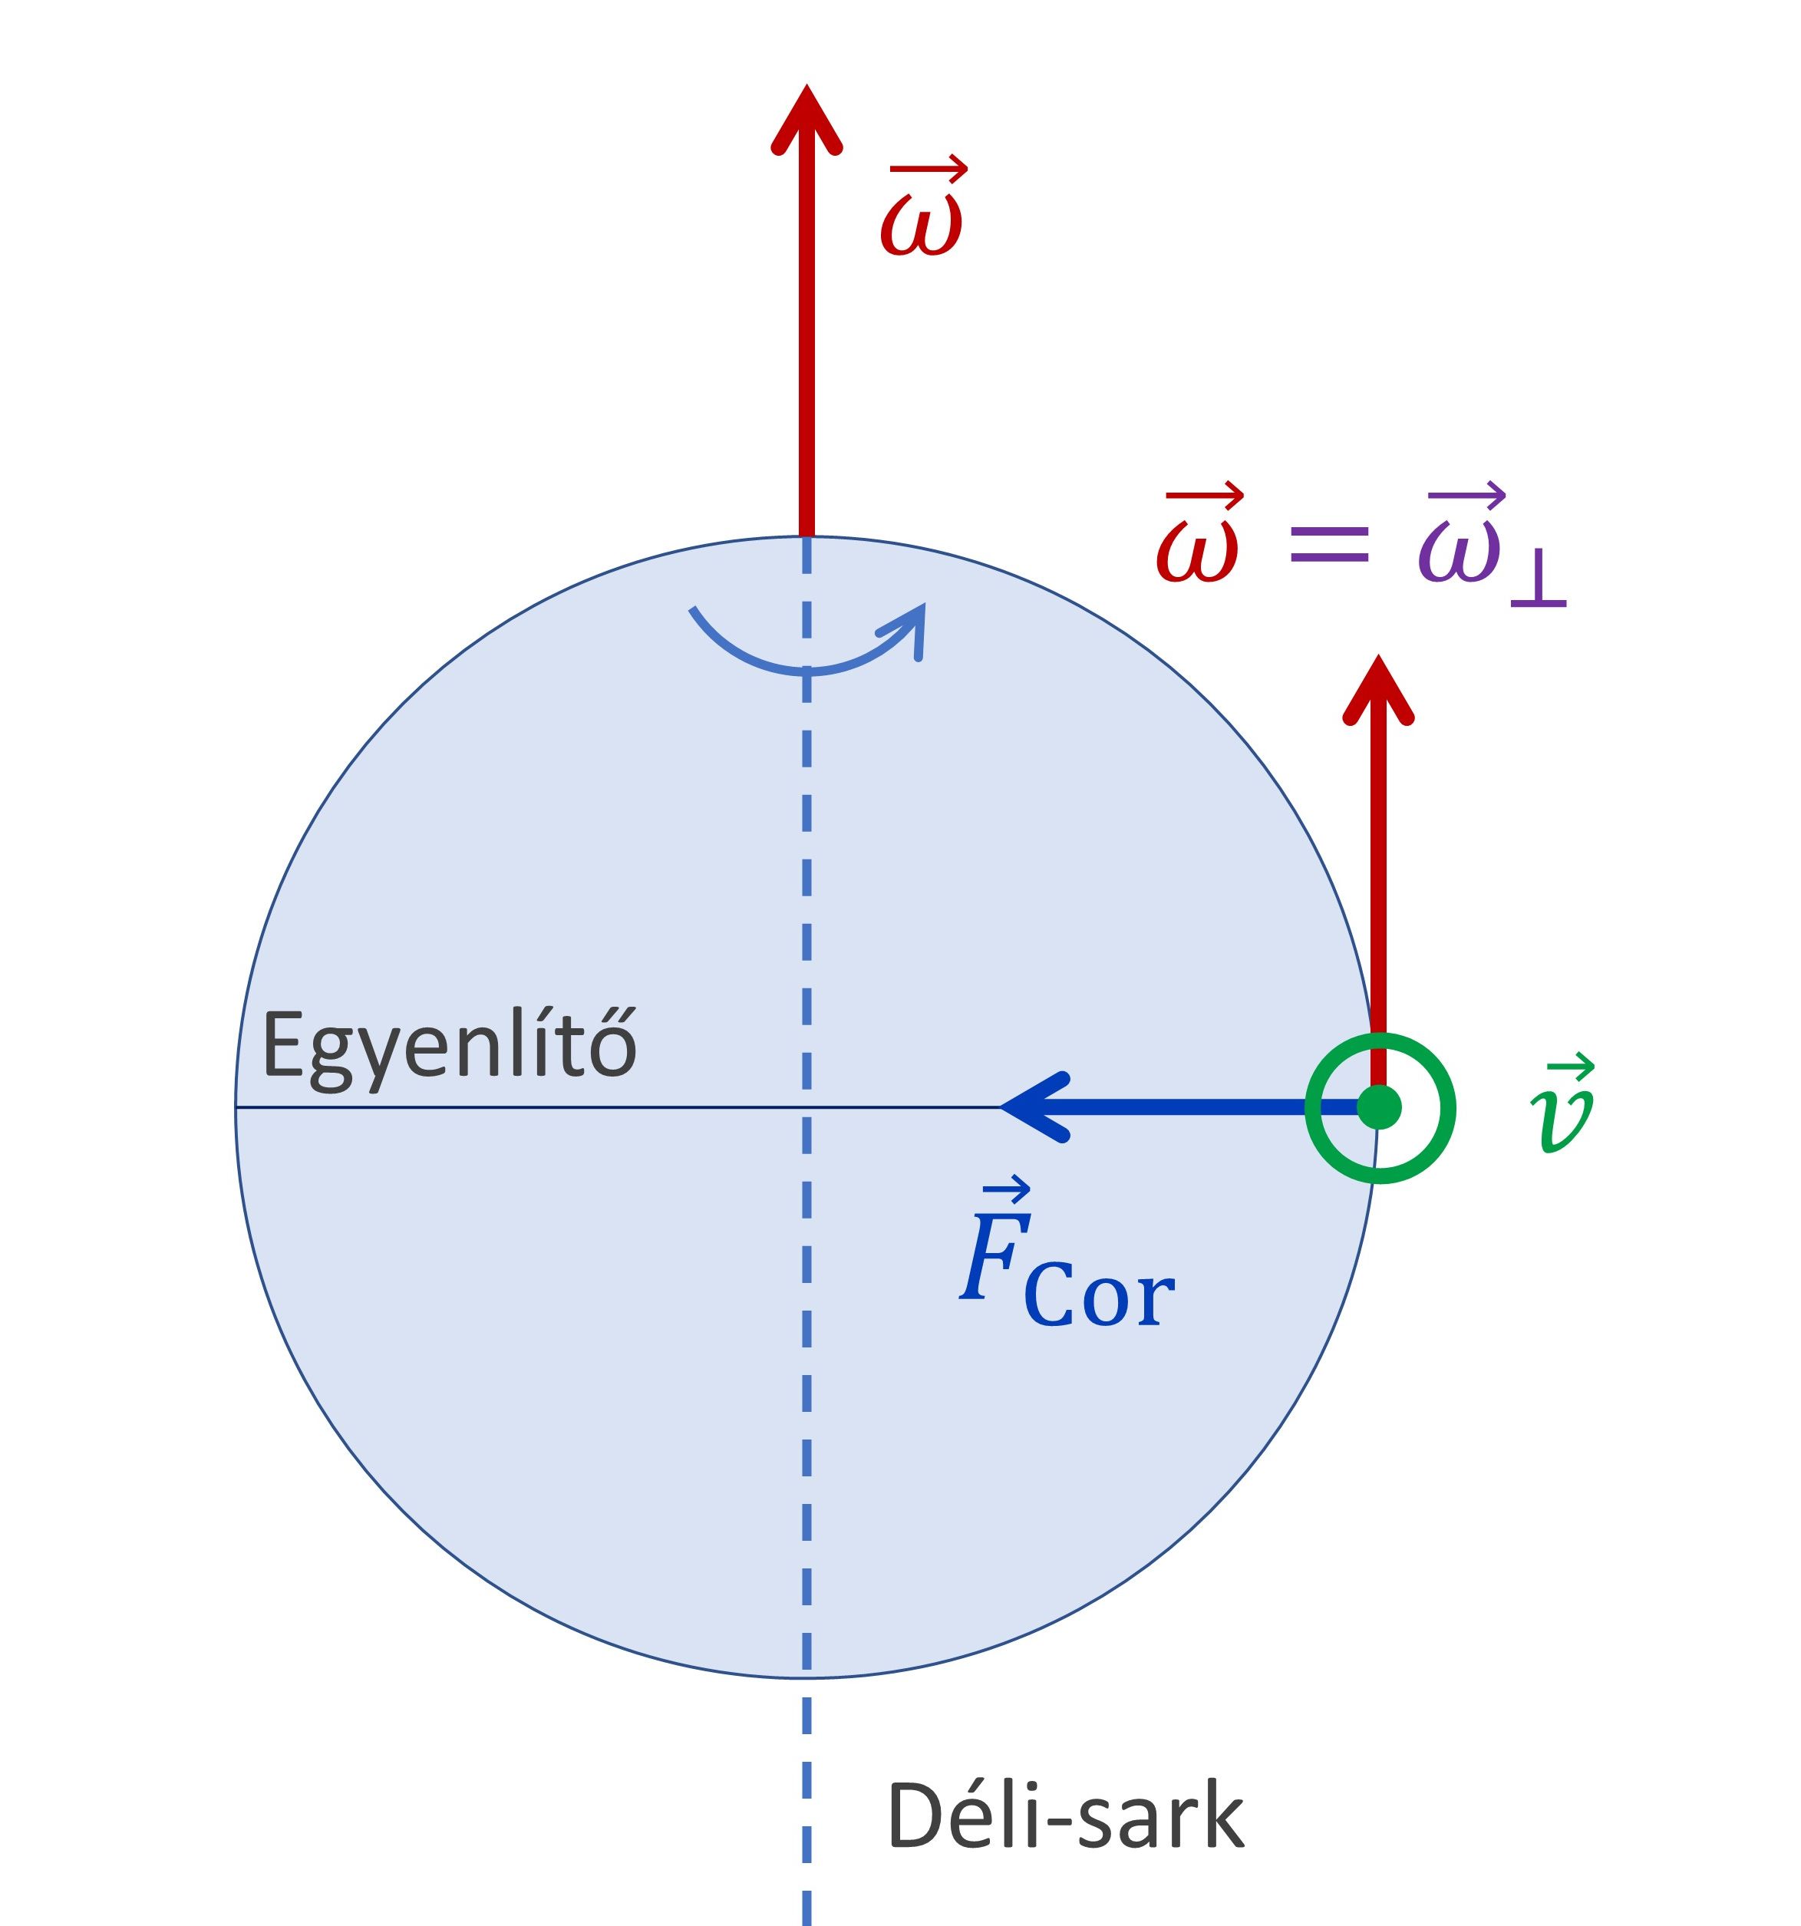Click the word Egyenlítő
(x=449, y=1047)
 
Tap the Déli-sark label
(x=1064, y=1816)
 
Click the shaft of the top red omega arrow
(x=806, y=339)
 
